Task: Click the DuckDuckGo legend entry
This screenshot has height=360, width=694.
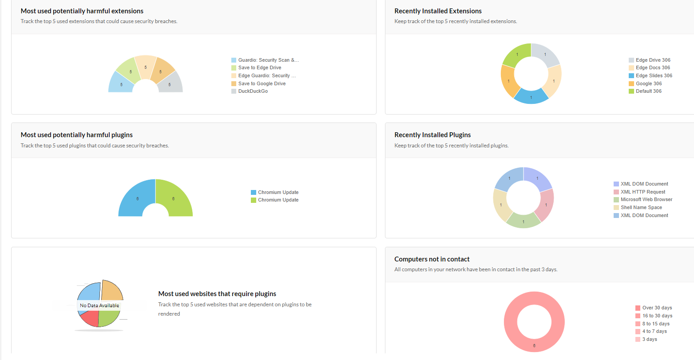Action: pyautogui.click(x=253, y=91)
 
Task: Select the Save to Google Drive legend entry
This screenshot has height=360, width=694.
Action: pyautogui.click(x=262, y=83)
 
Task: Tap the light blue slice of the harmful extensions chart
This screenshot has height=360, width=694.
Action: pyautogui.click(x=121, y=83)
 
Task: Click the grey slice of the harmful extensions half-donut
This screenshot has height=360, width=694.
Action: pyautogui.click(x=171, y=83)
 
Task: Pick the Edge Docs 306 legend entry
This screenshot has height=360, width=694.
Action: pyautogui.click(x=653, y=68)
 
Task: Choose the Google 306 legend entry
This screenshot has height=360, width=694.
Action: pyautogui.click(x=648, y=83)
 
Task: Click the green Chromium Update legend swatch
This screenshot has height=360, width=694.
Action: pyautogui.click(x=254, y=200)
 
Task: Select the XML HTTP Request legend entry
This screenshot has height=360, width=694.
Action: pyautogui.click(x=642, y=192)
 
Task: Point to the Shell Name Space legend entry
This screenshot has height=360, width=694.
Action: pyautogui.click(x=641, y=207)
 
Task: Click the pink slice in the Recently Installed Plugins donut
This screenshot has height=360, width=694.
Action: pyautogui.click(x=545, y=205)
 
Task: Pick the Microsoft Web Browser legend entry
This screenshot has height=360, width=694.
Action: pyautogui.click(x=646, y=200)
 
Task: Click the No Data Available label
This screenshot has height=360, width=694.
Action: pyautogui.click(x=99, y=305)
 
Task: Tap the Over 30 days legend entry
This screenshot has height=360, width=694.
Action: pyautogui.click(x=657, y=308)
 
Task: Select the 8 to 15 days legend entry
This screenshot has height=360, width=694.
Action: pyautogui.click(x=655, y=324)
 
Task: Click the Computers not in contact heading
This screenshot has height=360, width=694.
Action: pyautogui.click(x=432, y=259)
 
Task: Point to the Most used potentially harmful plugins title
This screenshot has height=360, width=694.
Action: pyautogui.click(x=77, y=135)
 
